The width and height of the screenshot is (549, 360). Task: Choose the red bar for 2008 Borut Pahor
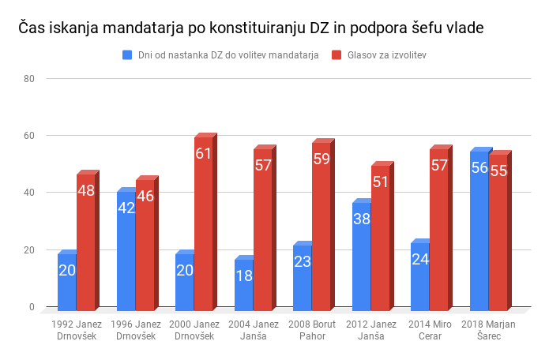(322, 226)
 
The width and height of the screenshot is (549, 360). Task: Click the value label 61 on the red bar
(204, 153)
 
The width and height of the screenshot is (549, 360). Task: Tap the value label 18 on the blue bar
(243, 276)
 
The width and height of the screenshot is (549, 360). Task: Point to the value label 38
(361, 219)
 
